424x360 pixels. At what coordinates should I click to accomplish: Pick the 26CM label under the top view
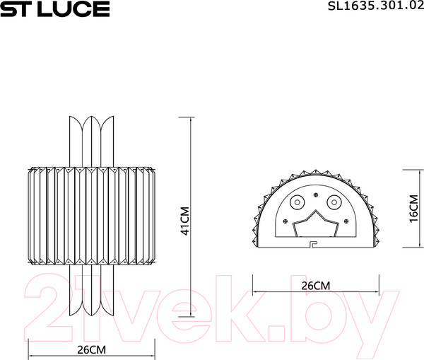(315, 286)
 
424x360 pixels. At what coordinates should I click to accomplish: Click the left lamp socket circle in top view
(298, 203)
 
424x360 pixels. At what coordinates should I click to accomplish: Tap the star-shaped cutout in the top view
(315, 228)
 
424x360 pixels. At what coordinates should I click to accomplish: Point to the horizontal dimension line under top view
(315, 292)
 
